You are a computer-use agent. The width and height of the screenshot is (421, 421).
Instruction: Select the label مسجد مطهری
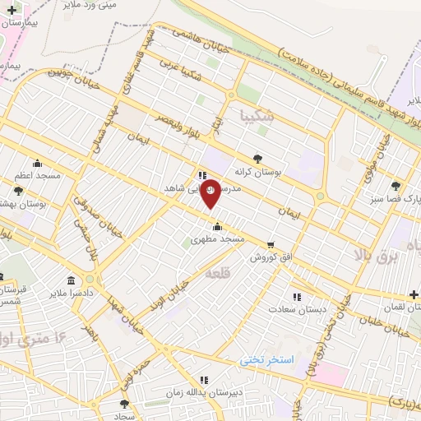pyautogui.click(x=217, y=239)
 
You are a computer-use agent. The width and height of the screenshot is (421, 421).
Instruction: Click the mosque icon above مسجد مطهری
pyautogui.click(x=217, y=227)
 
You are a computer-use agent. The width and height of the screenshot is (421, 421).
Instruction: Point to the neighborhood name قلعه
pyautogui.click(x=216, y=271)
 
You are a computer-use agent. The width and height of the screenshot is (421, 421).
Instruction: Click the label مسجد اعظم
pyautogui.click(x=36, y=176)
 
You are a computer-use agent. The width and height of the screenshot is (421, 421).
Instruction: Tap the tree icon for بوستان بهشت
pyautogui.click(x=18, y=191)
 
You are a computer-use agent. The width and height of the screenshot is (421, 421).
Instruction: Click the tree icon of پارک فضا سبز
pyautogui.click(x=397, y=187)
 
